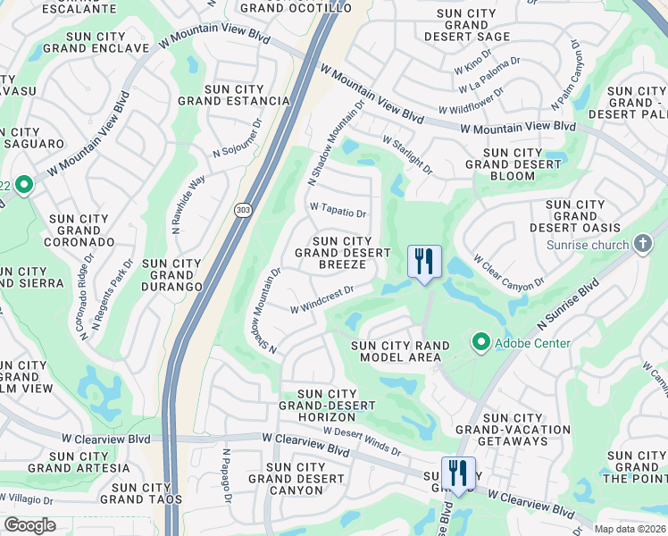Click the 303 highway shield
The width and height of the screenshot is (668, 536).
point(243,210)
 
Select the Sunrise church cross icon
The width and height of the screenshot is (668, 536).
point(642,244)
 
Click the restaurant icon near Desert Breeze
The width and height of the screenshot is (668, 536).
point(425,262)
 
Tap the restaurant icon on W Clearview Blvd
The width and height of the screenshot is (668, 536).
point(458,473)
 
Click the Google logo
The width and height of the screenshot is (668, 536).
point(29,525)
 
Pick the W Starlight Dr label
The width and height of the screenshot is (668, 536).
point(407,155)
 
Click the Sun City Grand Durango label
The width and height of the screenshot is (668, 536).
point(171,275)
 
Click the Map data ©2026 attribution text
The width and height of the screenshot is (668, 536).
point(630,528)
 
